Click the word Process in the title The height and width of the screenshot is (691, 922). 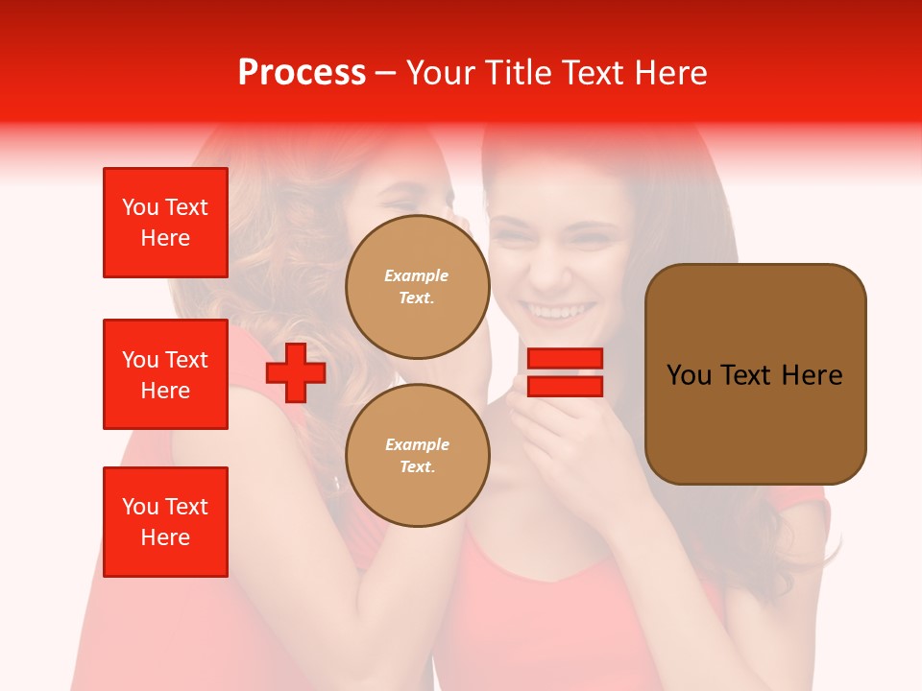pos(302,73)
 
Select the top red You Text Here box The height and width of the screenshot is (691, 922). pos(165,223)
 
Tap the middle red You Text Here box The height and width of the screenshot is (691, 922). pos(165,374)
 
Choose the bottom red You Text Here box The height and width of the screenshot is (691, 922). pos(165,522)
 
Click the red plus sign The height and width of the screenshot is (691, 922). pos(296,372)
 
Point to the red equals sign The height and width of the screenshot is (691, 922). pos(565,372)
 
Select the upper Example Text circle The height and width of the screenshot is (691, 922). pos(417,287)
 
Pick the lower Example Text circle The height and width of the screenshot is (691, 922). pos(417,455)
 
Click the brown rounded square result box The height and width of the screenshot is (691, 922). pos(755,374)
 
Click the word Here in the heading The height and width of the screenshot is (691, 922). pos(669,73)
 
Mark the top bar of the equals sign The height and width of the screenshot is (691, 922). pos(565,359)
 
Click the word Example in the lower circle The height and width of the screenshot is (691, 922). pos(417,444)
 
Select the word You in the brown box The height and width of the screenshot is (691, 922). pos(689,375)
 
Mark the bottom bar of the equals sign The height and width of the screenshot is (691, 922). pos(565,386)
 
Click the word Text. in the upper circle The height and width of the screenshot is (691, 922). pos(417,298)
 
